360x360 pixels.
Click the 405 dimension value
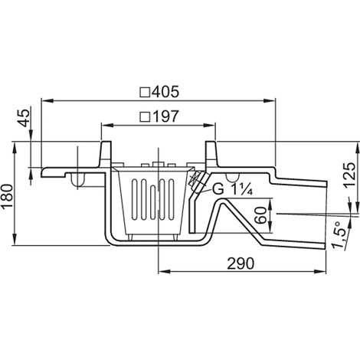[x=165, y=92]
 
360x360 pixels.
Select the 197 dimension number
[x=165, y=116]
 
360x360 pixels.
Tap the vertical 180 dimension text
[x=7, y=196]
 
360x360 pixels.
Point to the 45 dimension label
[x=25, y=118]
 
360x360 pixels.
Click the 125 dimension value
[x=349, y=175]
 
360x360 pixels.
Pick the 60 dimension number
[x=261, y=216]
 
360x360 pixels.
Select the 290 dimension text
[x=241, y=263]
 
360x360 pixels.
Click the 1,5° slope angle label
[x=340, y=235]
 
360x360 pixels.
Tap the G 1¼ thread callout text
[x=232, y=189]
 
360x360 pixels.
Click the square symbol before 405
[x=145, y=93]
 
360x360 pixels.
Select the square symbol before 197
[x=145, y=117]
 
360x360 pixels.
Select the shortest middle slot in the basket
[x=153, y=202]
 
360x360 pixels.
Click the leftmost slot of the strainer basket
[x=135, y=199]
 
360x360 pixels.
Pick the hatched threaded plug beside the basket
[x=197, y=182]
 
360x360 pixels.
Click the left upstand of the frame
[x=106, y=154]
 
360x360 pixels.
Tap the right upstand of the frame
[x=211, y=154]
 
